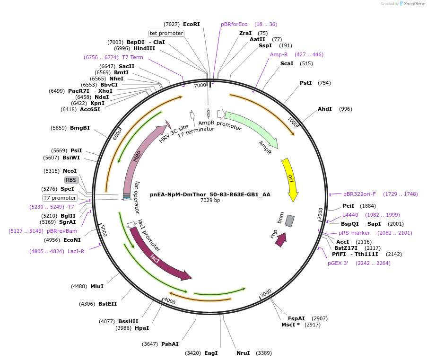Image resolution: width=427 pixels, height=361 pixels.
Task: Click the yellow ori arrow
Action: [290, 179]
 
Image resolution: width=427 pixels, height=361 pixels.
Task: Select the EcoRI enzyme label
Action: [192, 24]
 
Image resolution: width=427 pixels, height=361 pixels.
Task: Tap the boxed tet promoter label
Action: [166, 33]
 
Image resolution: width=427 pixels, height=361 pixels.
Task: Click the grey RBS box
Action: [71, 180]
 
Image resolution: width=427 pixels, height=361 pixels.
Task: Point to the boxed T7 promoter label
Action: [59, 198]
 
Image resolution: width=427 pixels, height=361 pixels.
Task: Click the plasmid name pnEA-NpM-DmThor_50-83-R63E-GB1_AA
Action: [210, 194]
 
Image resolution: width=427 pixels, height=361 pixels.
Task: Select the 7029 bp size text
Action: [210, 201]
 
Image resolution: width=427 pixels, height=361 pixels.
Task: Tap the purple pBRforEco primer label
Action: [234, 24]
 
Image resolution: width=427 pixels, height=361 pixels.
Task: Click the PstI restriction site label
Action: [306, 83]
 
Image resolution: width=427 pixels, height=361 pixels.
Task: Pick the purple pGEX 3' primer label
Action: [338, 263]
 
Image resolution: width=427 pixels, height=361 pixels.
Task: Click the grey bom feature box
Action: [289, 220]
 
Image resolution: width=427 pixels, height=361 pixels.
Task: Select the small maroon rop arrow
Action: [280, 239]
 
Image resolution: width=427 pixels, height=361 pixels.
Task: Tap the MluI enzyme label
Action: [97, 286]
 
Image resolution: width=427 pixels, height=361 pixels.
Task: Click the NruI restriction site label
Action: [243, 353]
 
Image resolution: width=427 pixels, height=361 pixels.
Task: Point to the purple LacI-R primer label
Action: [76, 251]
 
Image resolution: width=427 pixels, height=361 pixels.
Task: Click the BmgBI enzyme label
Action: [80, 128]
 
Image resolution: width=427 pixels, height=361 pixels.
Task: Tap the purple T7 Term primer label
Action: [132, 57]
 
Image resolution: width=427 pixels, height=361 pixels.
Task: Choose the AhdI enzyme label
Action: [325, 109]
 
